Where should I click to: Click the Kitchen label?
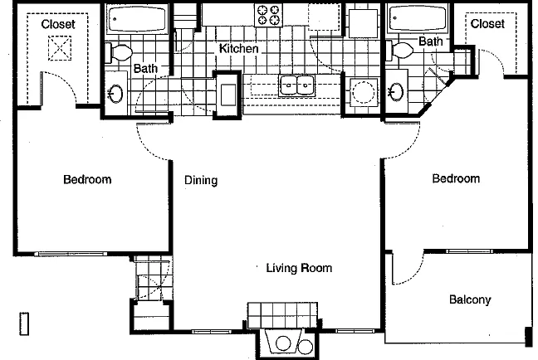pos(238,49)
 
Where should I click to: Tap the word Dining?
pos(201,180)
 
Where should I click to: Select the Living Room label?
pos(299,268)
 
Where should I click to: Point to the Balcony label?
pos(470,300)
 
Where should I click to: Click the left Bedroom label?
pos(87,179)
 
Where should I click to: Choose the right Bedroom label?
pos(456,178)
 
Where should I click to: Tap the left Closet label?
pos(58,24)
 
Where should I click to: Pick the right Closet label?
pos(487,24)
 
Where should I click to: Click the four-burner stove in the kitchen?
pos(268,15)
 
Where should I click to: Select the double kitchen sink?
pos(296,85)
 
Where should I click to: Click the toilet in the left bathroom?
pos(119,53)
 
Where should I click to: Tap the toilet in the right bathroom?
pos(399,51)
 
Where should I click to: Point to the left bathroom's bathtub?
pos(137,19)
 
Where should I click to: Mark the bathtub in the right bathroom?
pos(418,19)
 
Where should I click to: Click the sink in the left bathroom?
pos(115,93)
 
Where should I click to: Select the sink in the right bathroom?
pos(396,92)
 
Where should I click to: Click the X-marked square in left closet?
pos(60,48)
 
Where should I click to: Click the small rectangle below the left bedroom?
pos(24,324)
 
